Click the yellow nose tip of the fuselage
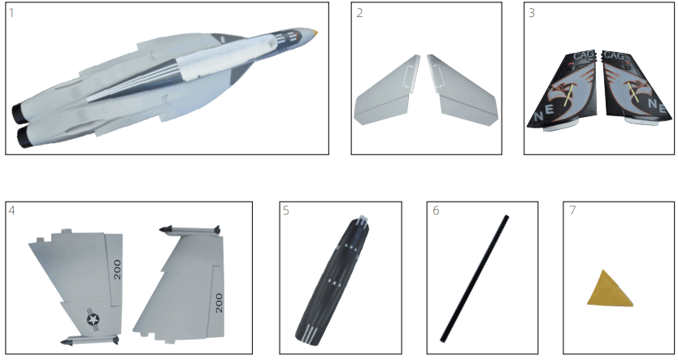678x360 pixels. pyautogui.click(x=316, y=33)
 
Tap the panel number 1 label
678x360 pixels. pyautogui.click(x=11, y=13)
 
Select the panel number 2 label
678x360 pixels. pyautogui.click(x=359, y=12)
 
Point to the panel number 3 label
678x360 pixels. pyautogui.click(x=530, y=12)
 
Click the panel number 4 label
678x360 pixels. pyautogui.click(x=11, y=210)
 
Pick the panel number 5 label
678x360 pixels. pyautogui.click(x=286, y=210)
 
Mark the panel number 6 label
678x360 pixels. pyautogui.click(x=436, y=210)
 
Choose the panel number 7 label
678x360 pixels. pyautogui.click(x=572, y=210)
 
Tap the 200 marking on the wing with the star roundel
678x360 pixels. pyautogui.click(x=117, y=269)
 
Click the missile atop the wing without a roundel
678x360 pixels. pyautogui.click(x=191, y=231)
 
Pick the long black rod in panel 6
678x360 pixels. pyautogui.click(x=475, y=278)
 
